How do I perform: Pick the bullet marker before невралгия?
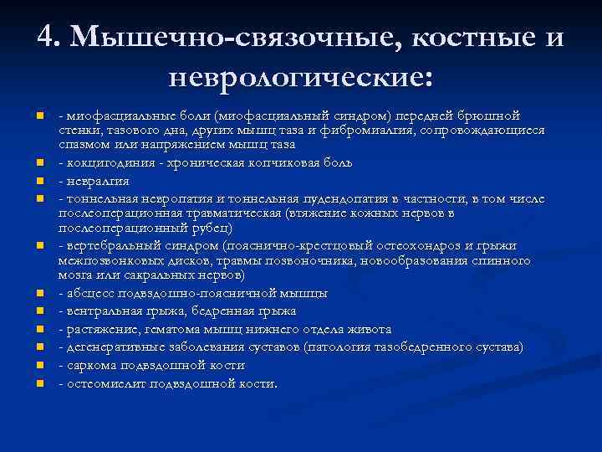tap(38, 179)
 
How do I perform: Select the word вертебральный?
tap(108, 245)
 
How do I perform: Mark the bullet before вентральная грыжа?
tap(38, 311)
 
